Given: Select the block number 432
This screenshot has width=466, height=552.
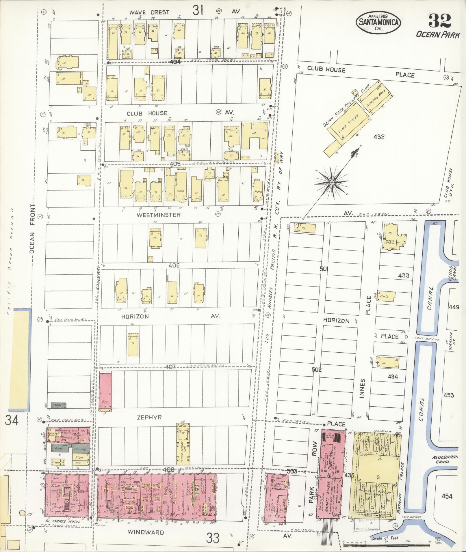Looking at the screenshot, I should [x=379, y=137].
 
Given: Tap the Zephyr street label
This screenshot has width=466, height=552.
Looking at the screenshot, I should [x=149, y=417].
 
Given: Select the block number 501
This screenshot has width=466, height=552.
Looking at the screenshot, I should [x=324, y=269].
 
